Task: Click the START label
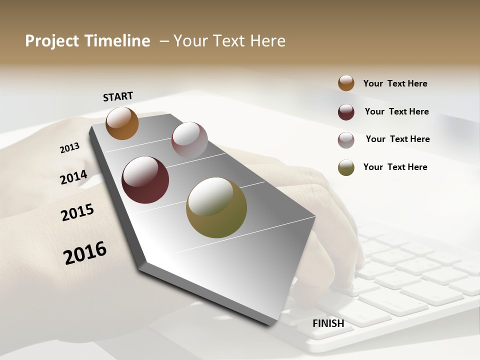[x=118, y=96]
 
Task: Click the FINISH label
[x=328, y=323]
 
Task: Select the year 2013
[x=69, y=147]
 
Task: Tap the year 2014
[x=73, y=177]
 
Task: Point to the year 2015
[x=77, y=212]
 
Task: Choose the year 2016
[x=85, y=252]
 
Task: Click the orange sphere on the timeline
[x=122, y=123]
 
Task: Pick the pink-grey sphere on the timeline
[x=189, y=139]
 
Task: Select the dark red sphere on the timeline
[x=145, y=180]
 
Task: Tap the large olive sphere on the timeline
[x=216, y=207]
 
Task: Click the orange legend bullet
[x=346, y=83]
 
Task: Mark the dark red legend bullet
[x=346, y=112]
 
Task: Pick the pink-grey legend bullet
[x=346, y=140]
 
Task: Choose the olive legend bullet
[x=346, y=167]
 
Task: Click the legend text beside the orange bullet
[x=395, y=83]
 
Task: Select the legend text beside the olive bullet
[x=395, y=167]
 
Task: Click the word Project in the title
[x=52, y=41]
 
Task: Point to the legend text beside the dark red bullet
[x=396, y=111]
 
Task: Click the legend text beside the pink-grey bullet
[x=397, y=139]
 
